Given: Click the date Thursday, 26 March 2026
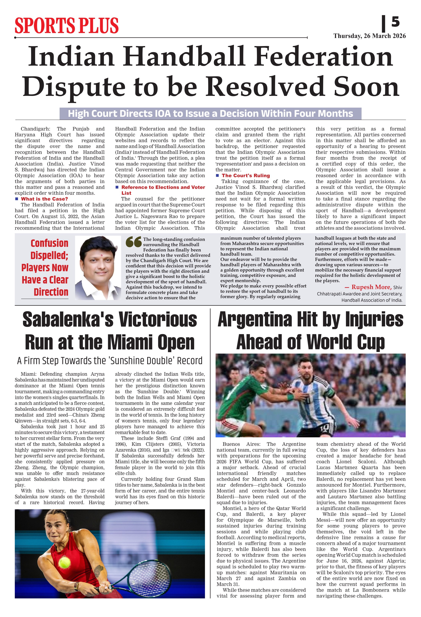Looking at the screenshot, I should pos(369,36).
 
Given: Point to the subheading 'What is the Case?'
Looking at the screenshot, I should pos(44,199).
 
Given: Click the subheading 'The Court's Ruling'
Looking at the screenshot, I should pos(245,175).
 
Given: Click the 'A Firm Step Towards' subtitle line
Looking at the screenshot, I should pos(110,361).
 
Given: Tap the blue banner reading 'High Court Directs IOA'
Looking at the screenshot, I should pos(210,114).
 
